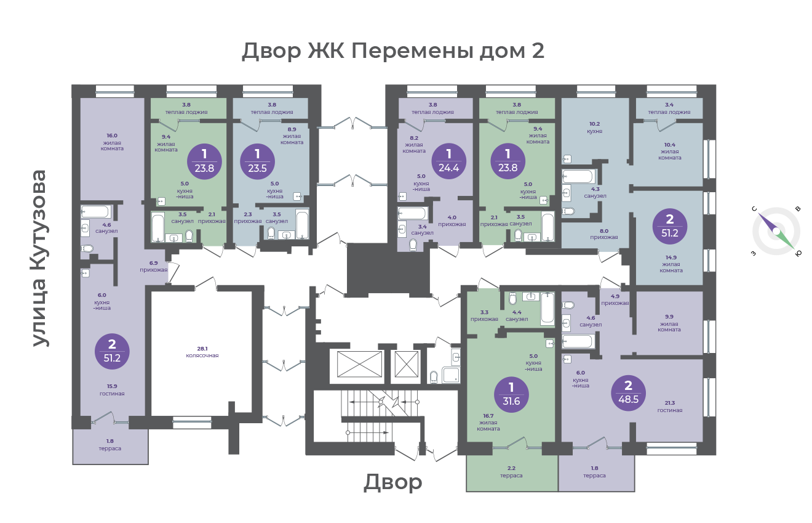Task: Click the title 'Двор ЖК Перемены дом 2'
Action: coord(393,51)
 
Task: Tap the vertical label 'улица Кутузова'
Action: coord(39,258)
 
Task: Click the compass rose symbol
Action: coord(776,231)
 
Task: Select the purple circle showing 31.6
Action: coord(511,395)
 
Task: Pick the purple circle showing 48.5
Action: coord(628,393)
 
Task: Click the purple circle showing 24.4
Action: coord(449,161)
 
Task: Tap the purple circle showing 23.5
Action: coord(257,161)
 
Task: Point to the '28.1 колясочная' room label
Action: coord(202,352)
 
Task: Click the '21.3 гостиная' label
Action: coord(670,407)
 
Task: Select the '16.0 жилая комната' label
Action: coord(112,142)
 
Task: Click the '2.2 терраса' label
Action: coord(511,472)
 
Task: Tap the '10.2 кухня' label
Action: coord(594,128)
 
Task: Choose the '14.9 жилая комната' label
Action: coord(671,264)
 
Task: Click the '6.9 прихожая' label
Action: coord(154,266)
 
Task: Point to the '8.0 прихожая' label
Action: coord(604,234)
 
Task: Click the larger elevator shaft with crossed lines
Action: coord(359,364)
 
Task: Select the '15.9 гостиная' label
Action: coord(112,390)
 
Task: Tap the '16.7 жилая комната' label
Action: coord(488,422)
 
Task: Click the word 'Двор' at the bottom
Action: coord(393,482)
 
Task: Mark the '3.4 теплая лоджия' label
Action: coord(669,108)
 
